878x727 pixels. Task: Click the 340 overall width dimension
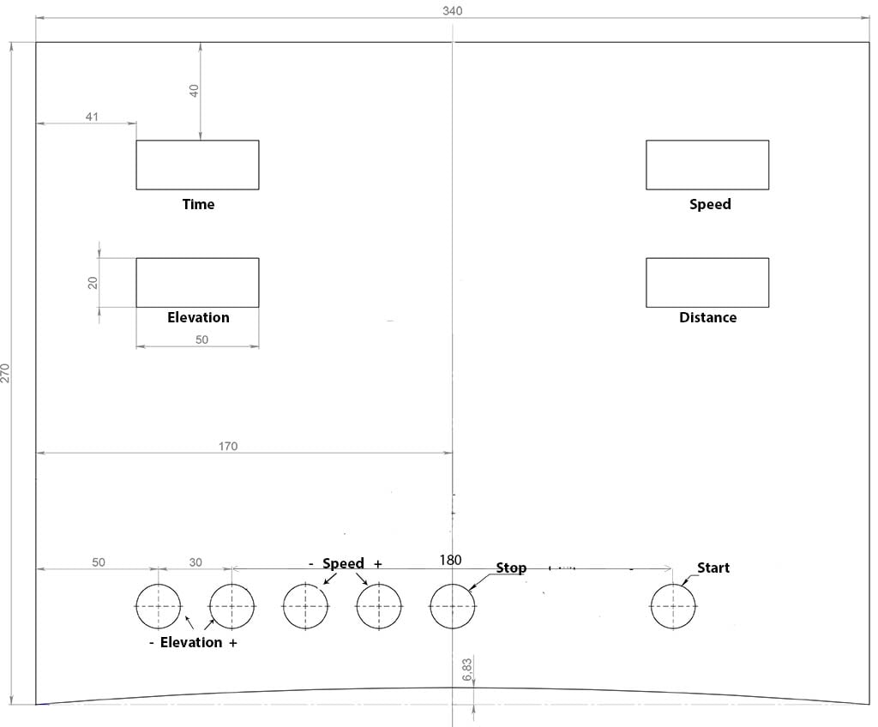pos(453,10)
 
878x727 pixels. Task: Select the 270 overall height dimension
pos(5,373)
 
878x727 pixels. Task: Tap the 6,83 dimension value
pos(467,670)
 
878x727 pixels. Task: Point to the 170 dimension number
pos(228,447)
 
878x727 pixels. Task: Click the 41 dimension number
pos(92,117)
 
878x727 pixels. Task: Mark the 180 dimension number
pos(450,560)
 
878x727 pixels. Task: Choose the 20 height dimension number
pos(93,283)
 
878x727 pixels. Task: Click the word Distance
pos(707,317)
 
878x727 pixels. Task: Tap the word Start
pos(713,568)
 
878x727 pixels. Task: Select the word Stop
pos(511,568)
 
